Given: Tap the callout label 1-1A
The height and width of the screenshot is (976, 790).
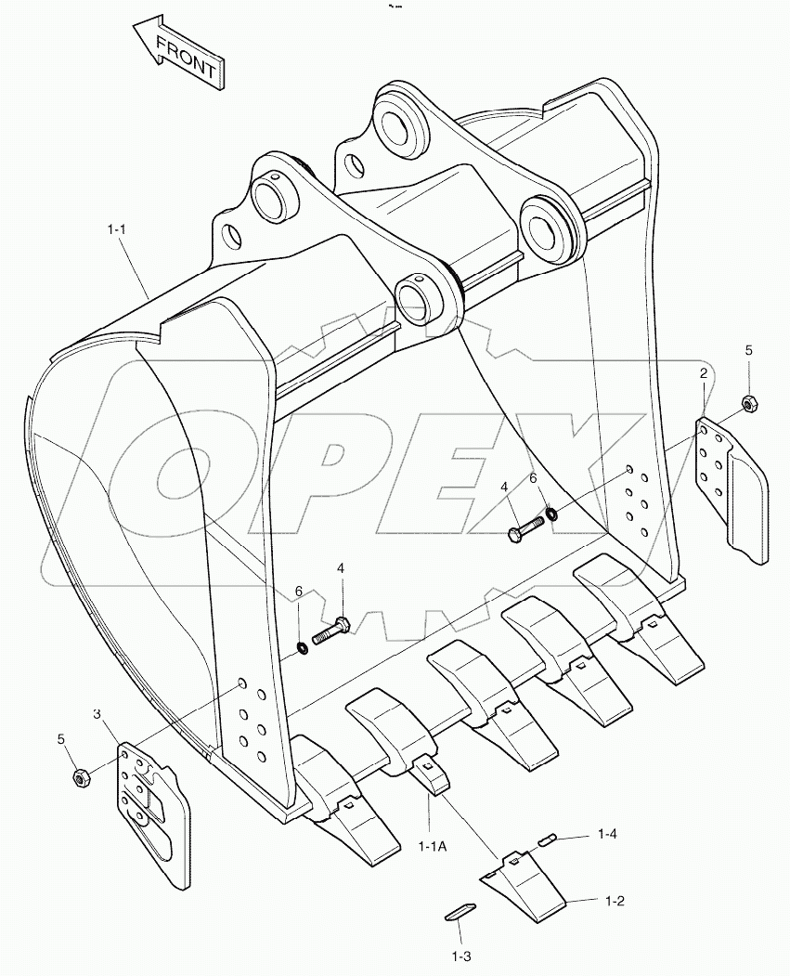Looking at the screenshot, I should [x=433, y=845].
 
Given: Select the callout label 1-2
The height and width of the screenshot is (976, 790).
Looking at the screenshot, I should [x=615, y=901].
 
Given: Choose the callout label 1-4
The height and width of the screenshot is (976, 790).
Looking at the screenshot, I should [x=607, y=835].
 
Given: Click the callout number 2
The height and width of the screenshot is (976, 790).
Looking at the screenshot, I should [x=704, y=373].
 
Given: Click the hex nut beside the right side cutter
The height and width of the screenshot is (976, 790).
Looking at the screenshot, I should [x=747, y=404].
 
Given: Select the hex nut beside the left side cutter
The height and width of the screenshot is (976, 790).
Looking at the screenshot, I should [x=80, y=777].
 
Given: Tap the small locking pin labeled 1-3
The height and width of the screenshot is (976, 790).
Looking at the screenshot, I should [x=460, y=912].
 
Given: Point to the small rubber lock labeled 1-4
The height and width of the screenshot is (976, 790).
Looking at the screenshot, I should [x=547, y=839].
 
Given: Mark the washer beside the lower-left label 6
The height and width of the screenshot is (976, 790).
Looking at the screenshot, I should [x=303, y=646].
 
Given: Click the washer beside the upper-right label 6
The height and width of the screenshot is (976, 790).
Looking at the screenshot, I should [x=551, y=513].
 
